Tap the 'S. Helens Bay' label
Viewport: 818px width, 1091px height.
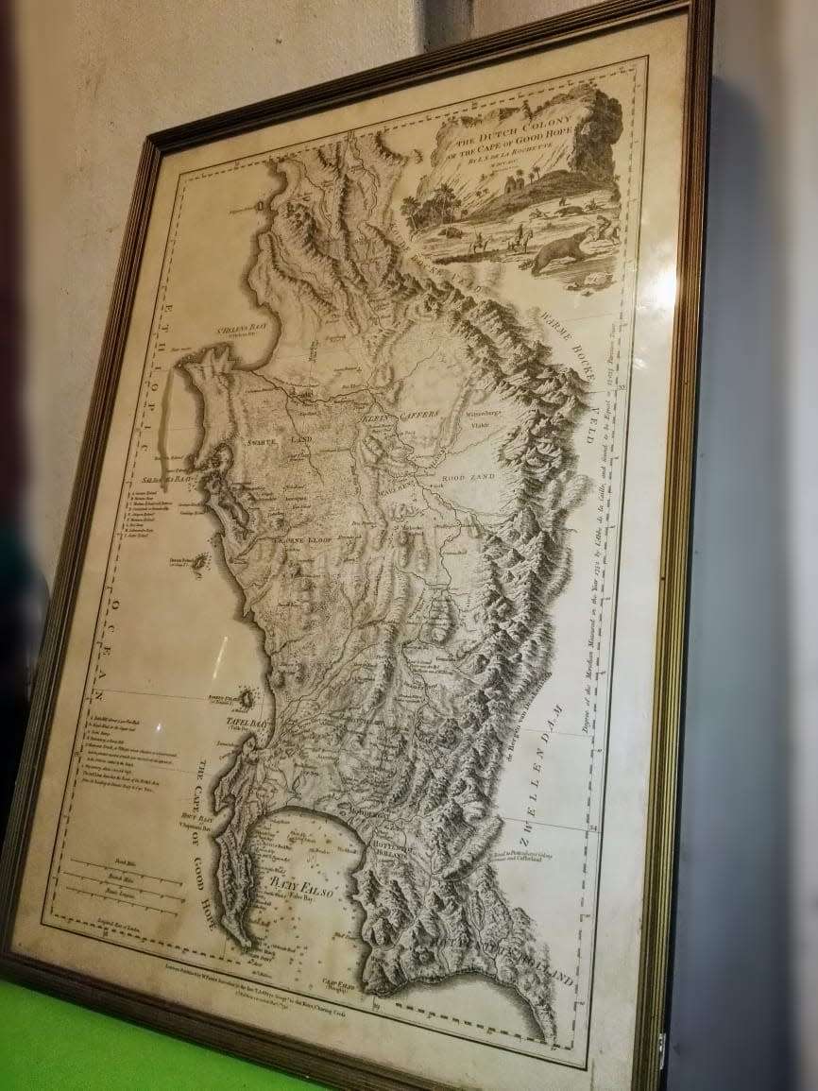click(221, 332)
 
